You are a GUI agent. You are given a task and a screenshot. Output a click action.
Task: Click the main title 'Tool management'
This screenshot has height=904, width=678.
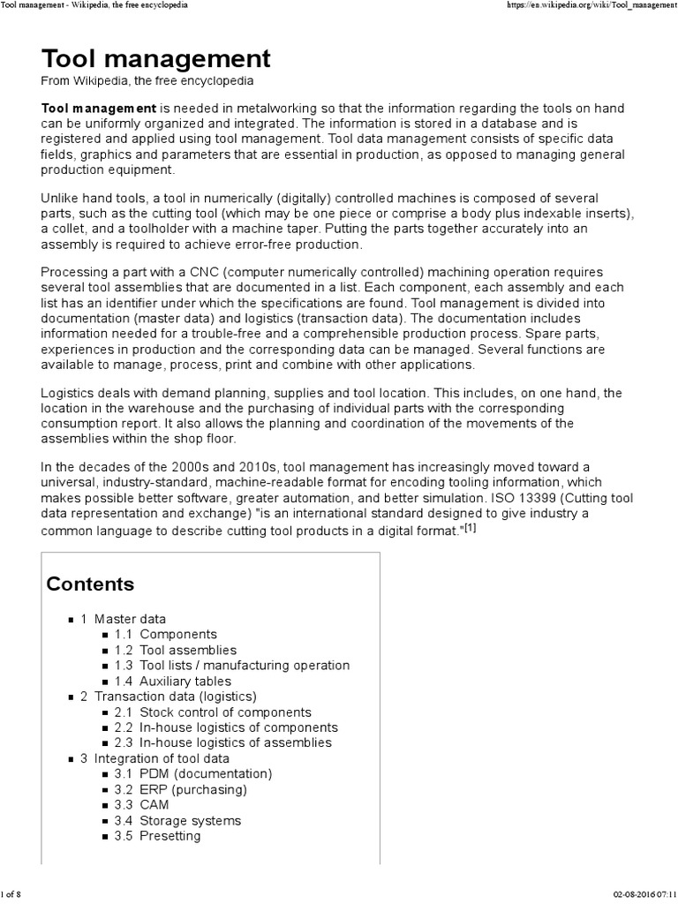tap(155, 59)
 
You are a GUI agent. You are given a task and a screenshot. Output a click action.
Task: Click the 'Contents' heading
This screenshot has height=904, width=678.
tap(90, 584)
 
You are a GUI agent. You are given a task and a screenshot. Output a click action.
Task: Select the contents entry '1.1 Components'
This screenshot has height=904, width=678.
tap(166, 634)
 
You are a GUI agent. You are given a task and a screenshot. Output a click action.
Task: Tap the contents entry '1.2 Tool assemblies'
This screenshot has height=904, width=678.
tap(176, 650)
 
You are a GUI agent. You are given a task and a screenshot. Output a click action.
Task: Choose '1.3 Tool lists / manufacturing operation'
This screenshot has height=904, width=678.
tap(232, 665)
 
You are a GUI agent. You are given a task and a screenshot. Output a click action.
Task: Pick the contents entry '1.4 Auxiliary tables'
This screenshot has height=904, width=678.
tap(173, 681)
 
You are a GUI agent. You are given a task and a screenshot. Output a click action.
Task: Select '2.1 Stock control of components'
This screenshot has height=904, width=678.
tap(213, 712)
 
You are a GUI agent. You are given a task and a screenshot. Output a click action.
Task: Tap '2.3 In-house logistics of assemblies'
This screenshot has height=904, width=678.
tap(223, 742)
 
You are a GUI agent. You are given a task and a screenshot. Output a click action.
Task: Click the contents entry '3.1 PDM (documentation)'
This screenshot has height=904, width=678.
tap(193, 773)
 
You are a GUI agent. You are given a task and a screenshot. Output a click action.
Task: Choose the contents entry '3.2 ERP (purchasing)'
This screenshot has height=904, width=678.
tap(181, 789)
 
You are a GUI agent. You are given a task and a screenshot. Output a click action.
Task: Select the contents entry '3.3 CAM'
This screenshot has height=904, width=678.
tap(141, 804)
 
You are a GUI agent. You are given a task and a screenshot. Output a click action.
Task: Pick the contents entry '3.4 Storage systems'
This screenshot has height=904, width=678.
tap(177, 820)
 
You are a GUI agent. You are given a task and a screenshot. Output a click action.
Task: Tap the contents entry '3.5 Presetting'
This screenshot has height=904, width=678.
tap(157, 835)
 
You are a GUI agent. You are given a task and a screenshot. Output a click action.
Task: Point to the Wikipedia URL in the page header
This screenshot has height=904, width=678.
tap(587, 5)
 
